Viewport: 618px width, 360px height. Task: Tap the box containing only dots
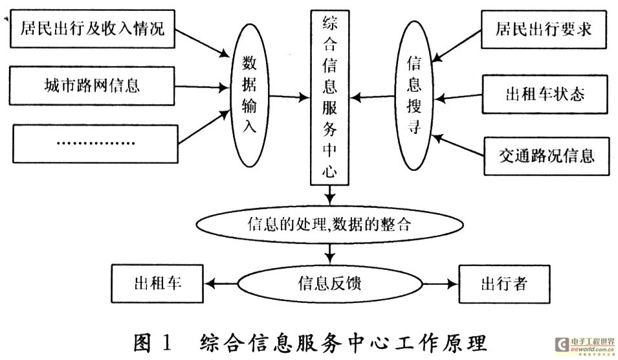tap(94, 142)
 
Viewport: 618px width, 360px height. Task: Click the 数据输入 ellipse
tap(249, 95)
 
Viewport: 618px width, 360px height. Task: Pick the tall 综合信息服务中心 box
tap(330, 97)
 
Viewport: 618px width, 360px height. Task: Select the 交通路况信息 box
tap(547, 156)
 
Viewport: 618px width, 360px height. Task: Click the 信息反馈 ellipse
tap(329, 282)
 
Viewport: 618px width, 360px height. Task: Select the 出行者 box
tap(505, 283)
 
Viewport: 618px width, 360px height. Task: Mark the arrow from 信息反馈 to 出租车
tap(222, 283)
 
